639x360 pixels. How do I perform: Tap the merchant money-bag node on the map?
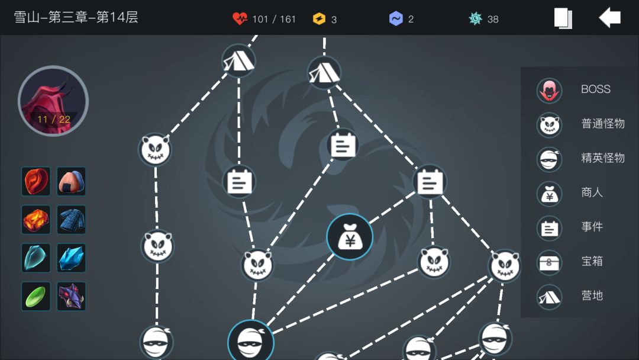pyautogui.click(x=350, y=237)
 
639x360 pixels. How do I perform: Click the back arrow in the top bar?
pyautogui.click(x=609, y=18)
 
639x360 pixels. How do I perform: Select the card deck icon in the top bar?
pyautogui.click(x=563, y=18)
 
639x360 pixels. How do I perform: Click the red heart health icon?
pyautogui.click(x=240, y=18)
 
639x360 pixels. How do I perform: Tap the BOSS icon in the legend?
pyautogui.click(x=549, y=90)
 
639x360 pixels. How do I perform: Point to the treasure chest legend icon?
pyautogui.click(x=549, y=262)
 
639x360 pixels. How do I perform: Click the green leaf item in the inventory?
pyautogui.click(x=36, y=297)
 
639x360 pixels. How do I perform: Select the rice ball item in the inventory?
pyautogui.click(x=72, y=181)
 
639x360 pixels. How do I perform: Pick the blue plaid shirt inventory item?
pyautogui.click(x=72, y=220)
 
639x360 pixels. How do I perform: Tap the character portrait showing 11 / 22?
pyautogui.click(x=53, y=101)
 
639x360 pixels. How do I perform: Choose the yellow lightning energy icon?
pyautogui.click(x=319, y=19)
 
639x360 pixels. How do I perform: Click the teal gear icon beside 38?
pyautogui.click(x=475, y=18)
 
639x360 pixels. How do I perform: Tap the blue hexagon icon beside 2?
pyautogui.click(x=396, y=19)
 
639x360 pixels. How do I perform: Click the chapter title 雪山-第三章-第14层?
pyautogui.click(x=76, y=18)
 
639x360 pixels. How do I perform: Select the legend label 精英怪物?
pyautogui.click(x=603, y=157)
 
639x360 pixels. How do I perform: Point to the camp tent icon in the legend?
pyautogui.click(x=549, y=297)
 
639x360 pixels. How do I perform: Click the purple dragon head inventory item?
pyautogui.click(x=72, y=297)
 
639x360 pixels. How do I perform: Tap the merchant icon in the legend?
pyautogui.click(x=549, y=194)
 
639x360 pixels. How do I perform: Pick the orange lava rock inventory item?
pyautogui.click(x=36, y=220)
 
